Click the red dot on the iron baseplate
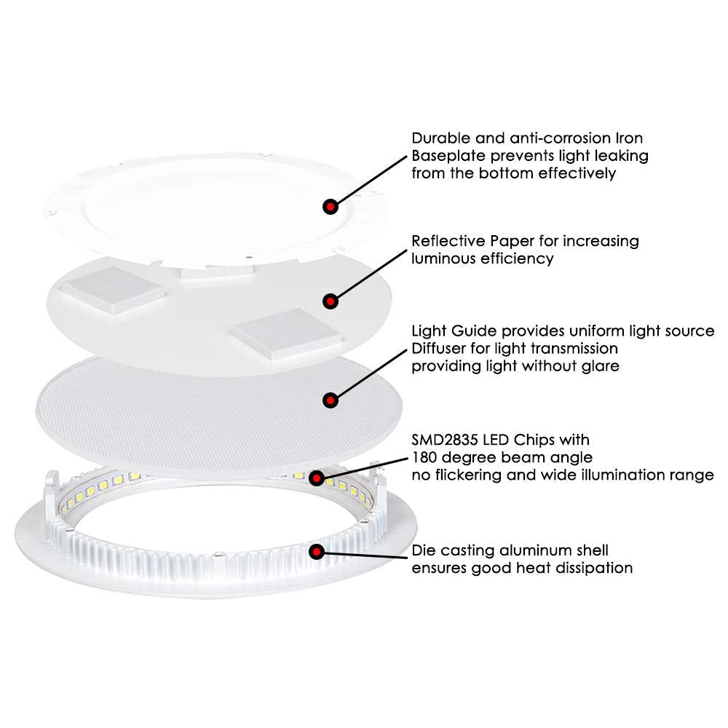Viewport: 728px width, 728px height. (331, 207)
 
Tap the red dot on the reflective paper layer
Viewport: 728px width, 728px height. (331, 299)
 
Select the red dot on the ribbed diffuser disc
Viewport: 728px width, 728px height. (331, 399)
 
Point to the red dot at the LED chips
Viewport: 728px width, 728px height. (317, 478)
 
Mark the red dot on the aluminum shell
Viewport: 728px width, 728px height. (317, 551)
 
